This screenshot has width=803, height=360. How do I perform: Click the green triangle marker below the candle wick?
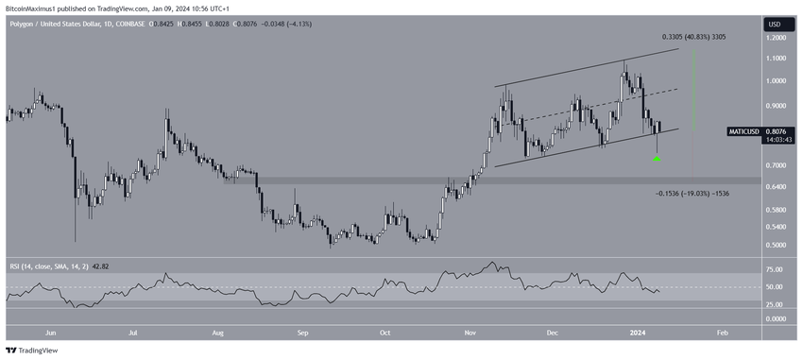point(658,159)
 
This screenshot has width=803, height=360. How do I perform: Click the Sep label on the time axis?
point(302,333)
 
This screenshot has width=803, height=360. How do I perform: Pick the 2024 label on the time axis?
point(638,333)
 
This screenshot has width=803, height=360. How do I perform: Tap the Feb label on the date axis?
point(722,333)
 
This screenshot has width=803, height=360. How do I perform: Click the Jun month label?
point(50,333)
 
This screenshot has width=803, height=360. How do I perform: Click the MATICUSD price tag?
point(743,131)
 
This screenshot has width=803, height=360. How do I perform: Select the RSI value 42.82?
point(104,266)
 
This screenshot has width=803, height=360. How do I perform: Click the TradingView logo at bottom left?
point(32,351)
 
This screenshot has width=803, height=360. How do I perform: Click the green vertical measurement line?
point(693,90)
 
